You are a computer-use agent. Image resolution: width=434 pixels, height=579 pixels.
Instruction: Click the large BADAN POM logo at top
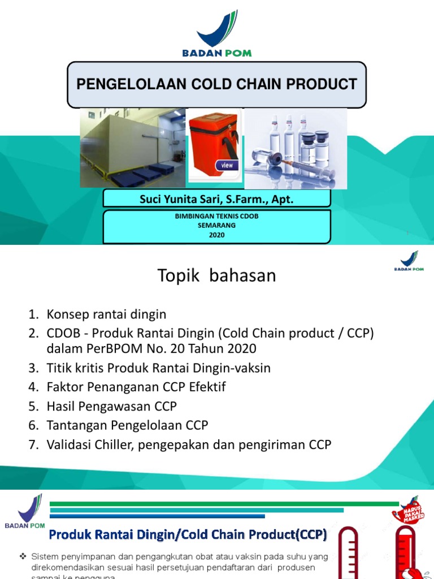(216, 34)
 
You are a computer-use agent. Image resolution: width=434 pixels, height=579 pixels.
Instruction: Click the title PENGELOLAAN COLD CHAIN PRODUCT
(216, 84)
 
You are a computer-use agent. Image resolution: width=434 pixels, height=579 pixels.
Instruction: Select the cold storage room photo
(133, 148)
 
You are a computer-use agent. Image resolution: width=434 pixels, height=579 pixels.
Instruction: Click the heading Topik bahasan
(216, 275)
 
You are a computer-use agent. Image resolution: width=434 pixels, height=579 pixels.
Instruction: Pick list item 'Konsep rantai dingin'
(106, 314)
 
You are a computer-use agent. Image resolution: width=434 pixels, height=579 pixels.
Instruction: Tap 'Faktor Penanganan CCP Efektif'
(136, 387)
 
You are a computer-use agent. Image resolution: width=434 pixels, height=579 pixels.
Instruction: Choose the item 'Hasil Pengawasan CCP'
(112, 407)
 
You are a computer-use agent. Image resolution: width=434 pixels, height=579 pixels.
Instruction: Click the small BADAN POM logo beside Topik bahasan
(409, 261)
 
